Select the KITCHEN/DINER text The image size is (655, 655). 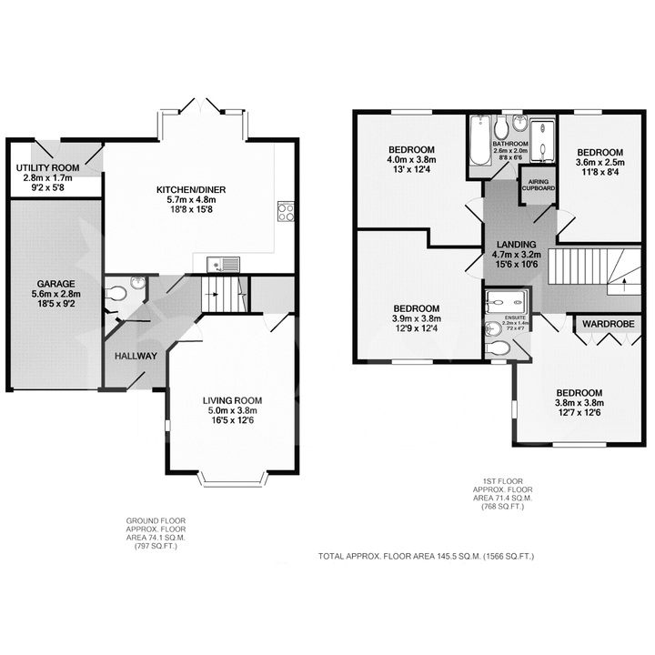point(190,189)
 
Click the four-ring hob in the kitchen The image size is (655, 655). point(285,211)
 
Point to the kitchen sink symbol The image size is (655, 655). point(223,265)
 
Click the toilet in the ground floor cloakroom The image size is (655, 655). point(116,294)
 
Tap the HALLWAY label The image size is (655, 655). point(136,356)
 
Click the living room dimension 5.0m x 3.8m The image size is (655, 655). point(232,410)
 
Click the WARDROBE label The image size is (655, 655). point(608,323)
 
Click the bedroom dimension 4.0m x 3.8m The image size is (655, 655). point(412,161)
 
